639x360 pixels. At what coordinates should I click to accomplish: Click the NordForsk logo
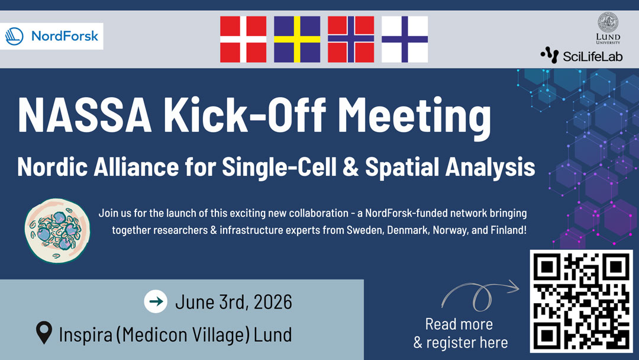51,36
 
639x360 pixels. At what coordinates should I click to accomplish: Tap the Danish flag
243,39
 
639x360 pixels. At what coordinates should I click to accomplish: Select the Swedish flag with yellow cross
297,39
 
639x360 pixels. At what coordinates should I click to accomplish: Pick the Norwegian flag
351,39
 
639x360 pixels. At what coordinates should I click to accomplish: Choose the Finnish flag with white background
405,39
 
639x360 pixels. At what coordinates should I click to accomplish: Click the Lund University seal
608,22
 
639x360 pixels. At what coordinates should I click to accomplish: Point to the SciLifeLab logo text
592,56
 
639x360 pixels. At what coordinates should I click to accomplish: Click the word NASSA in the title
85,115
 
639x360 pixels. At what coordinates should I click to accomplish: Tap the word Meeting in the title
414,118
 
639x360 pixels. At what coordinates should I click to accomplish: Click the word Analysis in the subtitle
490,168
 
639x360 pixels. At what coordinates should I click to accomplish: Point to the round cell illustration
57,231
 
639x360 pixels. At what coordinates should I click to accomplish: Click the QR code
582,301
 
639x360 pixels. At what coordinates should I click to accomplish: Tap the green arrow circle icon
156,302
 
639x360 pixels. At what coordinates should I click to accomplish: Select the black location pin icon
44,333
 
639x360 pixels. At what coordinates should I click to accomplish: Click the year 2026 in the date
273,302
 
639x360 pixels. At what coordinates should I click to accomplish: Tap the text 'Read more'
459,324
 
